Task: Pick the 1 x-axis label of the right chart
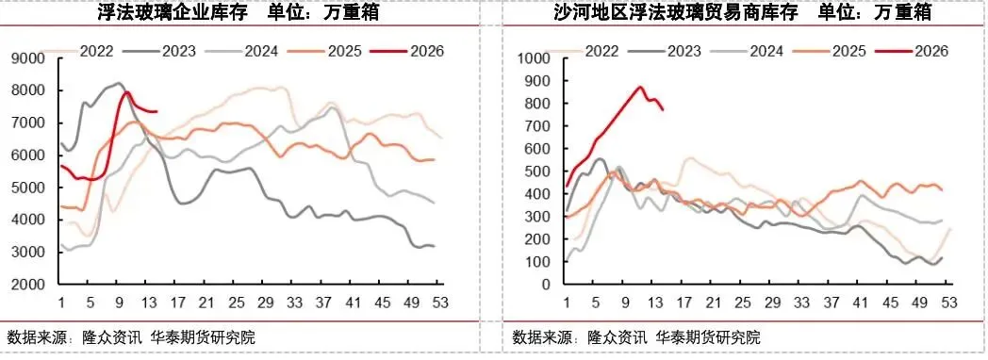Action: pyautogui.click(x=567, y=303)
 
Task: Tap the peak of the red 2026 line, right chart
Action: pyautogui.click(x=640, y=87)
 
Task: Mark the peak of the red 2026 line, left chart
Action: pyautogui.click(x=126, y=92)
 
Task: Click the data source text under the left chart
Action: pyautogui.click(x=130, y=336)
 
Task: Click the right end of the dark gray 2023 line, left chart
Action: pyautogui.click(x=434, y=246)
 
